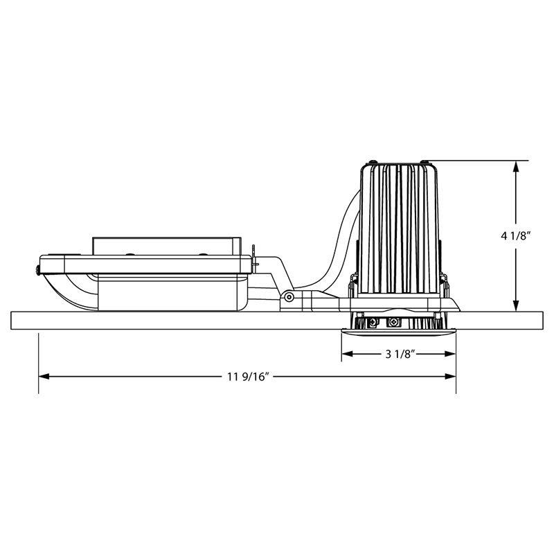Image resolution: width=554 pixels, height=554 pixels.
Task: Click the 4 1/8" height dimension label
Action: coord(516,236)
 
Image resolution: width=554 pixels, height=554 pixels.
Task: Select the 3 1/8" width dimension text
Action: coord(400,354)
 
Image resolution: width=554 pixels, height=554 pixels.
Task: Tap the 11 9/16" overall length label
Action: coord(249,377)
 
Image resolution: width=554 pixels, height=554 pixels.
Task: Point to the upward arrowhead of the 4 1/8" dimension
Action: coord(516,166)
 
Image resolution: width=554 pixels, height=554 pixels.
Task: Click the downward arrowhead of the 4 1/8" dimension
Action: coord(516,306)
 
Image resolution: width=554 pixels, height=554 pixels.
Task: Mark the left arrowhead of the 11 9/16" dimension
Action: coord(44,377)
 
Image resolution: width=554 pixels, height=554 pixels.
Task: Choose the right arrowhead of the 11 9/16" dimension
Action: coord(451,377)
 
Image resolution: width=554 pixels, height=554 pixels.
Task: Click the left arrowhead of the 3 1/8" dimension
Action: coord(347,354)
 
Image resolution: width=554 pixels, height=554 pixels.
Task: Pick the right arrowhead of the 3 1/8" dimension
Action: coord(451,354)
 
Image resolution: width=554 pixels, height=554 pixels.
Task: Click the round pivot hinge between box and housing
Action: coord(289,297)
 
